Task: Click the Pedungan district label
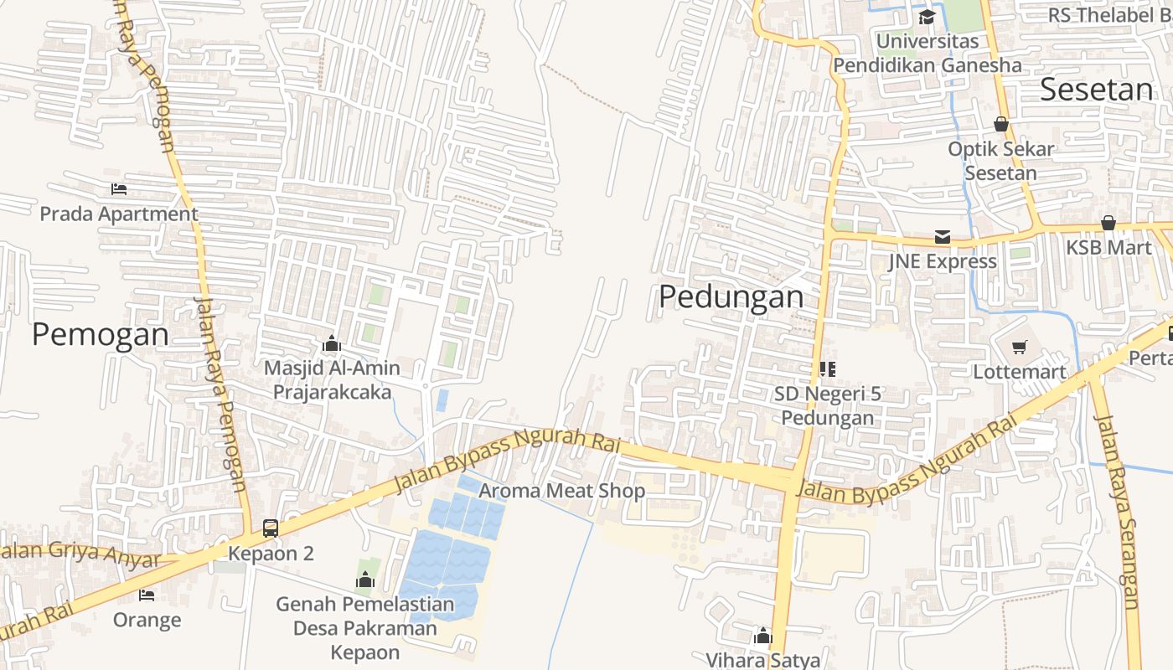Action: (x=731, y=296)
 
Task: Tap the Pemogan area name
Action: (x=101, y=334)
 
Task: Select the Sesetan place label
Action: (x=1096, y=89)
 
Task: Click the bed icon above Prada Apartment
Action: (x=119, y=189)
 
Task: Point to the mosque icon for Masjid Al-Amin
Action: (x=332, y=343)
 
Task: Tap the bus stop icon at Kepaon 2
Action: (x=271, y=528)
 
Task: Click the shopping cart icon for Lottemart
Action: (x=1020, y=347)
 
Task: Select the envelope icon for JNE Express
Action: (x=943, y=237)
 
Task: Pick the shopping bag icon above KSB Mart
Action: (x=1108, y=223)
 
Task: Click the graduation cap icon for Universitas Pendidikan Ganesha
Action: (x=927, y=17)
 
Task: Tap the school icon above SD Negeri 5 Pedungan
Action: (x=827, y=368)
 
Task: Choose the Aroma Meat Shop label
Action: (x=561, y=491)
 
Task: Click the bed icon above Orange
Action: (x=147, y=595)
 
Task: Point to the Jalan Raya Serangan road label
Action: (x=1118, y=511)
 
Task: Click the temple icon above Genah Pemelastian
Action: (x=364, y=580)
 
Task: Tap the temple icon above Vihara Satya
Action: (x=762, y=636)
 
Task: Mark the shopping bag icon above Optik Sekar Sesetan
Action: (x=1000, y=124)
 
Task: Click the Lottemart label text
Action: (x=1020, y=371)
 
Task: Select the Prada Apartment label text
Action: (x=119, y=214)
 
